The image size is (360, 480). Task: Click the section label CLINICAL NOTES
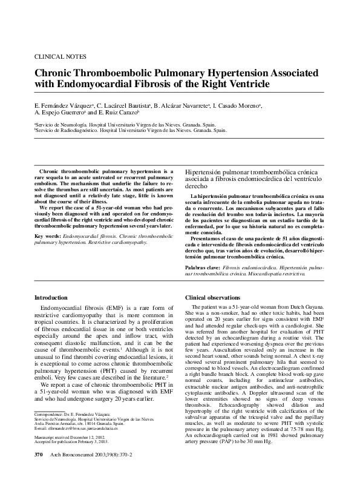60,56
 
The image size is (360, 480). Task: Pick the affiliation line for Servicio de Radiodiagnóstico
131,130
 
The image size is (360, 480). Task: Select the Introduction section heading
51,298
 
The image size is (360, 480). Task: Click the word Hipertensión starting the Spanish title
203,173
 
